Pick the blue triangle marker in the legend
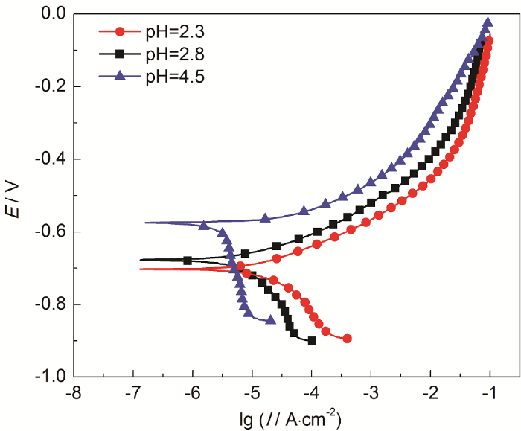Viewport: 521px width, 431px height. [124, 74]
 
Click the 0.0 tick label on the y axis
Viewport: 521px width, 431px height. [55, 14]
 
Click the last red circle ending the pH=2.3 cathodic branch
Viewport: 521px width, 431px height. [348, 339]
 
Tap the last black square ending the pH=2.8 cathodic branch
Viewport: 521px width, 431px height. [312, 340]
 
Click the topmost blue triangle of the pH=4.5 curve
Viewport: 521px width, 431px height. [488, 22]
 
